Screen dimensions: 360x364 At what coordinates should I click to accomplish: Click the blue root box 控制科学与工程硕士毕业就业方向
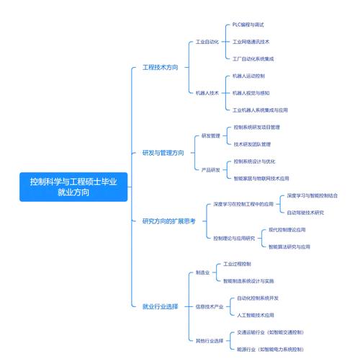point(73,187)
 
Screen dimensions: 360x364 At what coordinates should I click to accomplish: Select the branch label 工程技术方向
point(161,67)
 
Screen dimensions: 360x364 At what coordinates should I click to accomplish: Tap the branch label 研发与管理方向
point(163,153)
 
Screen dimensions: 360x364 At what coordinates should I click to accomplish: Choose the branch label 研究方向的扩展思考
point(169,221)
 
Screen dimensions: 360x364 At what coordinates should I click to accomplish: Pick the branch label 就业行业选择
point(161,306)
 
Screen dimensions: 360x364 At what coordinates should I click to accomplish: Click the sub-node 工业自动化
point(207,42)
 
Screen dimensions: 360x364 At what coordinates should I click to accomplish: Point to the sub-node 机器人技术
point(207,93)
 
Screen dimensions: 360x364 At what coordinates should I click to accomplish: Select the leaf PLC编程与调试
point(248,25)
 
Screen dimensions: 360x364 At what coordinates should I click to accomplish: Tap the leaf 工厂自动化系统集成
point(253,59)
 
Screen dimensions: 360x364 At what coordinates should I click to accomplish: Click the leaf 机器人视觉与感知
point(251,93)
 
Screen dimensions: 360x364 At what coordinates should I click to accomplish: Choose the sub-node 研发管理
point(211,136)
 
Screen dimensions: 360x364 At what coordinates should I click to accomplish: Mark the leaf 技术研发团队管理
point(252,144)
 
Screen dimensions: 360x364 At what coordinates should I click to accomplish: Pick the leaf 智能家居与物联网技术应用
point(261,178)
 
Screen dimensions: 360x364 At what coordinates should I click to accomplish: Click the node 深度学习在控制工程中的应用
point(243,204)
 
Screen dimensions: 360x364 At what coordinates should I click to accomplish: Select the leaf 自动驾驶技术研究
point(305,213)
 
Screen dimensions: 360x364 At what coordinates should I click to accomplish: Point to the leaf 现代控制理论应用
point(287,230)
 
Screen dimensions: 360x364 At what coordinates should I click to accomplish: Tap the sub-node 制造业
point(203,272)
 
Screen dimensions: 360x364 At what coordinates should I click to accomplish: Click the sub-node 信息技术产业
point(210,306)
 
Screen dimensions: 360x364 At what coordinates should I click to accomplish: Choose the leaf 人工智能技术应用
point(256,315)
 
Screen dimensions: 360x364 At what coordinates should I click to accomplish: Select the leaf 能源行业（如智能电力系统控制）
point(270,349)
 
